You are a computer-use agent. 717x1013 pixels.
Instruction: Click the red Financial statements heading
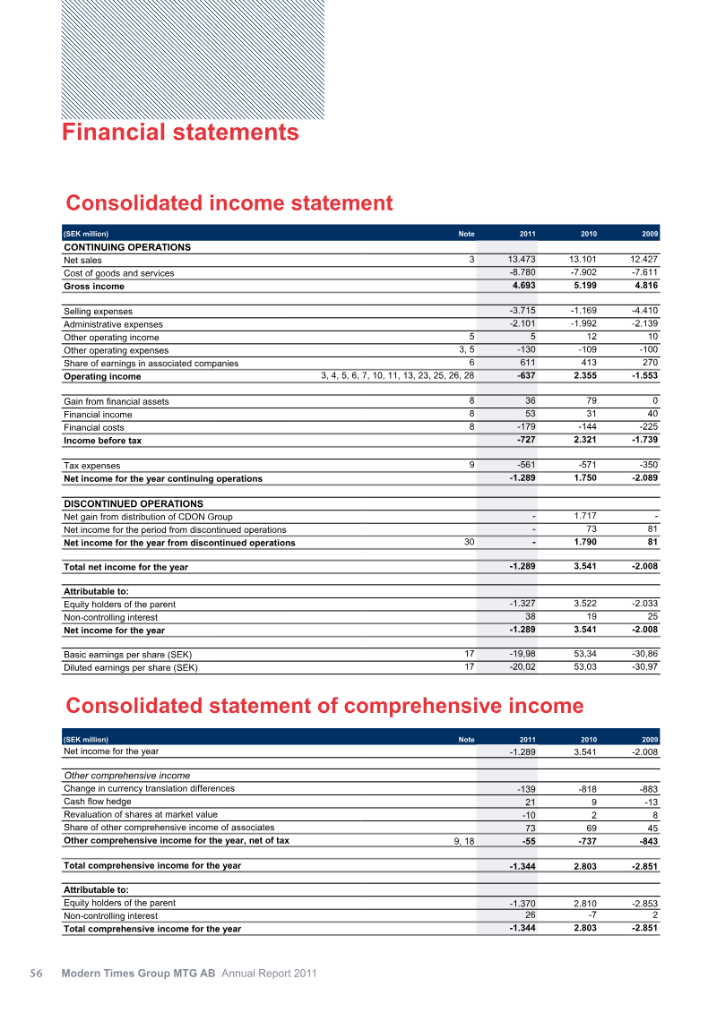[x=180, y=133]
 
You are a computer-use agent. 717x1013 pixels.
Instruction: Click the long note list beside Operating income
[x=397, y=376]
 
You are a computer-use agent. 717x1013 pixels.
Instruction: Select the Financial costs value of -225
[x=645, y=427]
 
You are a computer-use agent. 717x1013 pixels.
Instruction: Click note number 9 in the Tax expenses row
[x=471, y=465]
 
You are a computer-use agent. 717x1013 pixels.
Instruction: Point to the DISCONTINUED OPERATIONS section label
[x=134, y=504]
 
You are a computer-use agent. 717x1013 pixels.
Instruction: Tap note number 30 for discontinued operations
[x=469, y=541]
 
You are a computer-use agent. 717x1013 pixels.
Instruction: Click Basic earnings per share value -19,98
[x=521, y=654]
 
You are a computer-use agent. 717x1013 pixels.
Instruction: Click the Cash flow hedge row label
[x=97, y=802]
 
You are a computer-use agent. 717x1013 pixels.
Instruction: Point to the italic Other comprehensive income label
[x=126, y=776]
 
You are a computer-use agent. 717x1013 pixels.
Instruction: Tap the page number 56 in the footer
[x=37, y=974]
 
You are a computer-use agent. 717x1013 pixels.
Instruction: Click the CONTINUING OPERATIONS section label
[x=127, y=247]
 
